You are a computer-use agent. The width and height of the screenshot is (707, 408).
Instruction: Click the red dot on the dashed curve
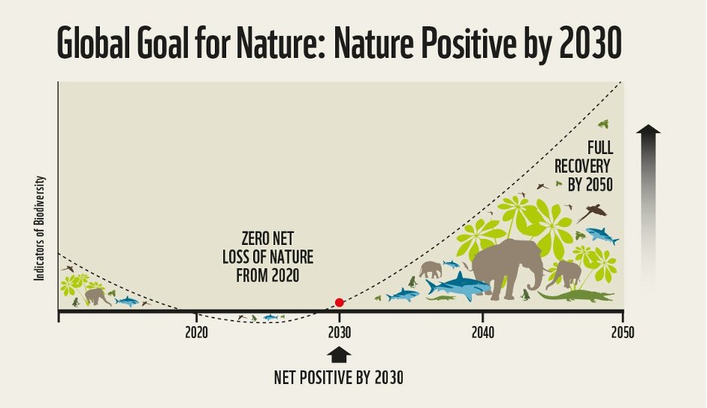[x=339, y=302]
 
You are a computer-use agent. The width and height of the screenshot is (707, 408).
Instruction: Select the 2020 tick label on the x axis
[x=196, y=332]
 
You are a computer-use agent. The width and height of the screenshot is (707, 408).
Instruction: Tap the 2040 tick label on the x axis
[x=482, y=332]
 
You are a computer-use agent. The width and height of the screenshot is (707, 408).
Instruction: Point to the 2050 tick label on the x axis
[x=622, y=332]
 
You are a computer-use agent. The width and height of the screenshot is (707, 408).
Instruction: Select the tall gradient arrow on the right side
[x=648, y=207]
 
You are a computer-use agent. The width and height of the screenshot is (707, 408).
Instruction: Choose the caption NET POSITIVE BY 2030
[x=339, y=378]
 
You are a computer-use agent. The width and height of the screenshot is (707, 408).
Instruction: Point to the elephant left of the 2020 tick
[x=97, y=296]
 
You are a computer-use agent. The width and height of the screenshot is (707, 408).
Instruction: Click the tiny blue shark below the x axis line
[x=270, y=317]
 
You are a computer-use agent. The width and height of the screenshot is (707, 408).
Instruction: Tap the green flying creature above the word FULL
[x=603, y=123]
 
